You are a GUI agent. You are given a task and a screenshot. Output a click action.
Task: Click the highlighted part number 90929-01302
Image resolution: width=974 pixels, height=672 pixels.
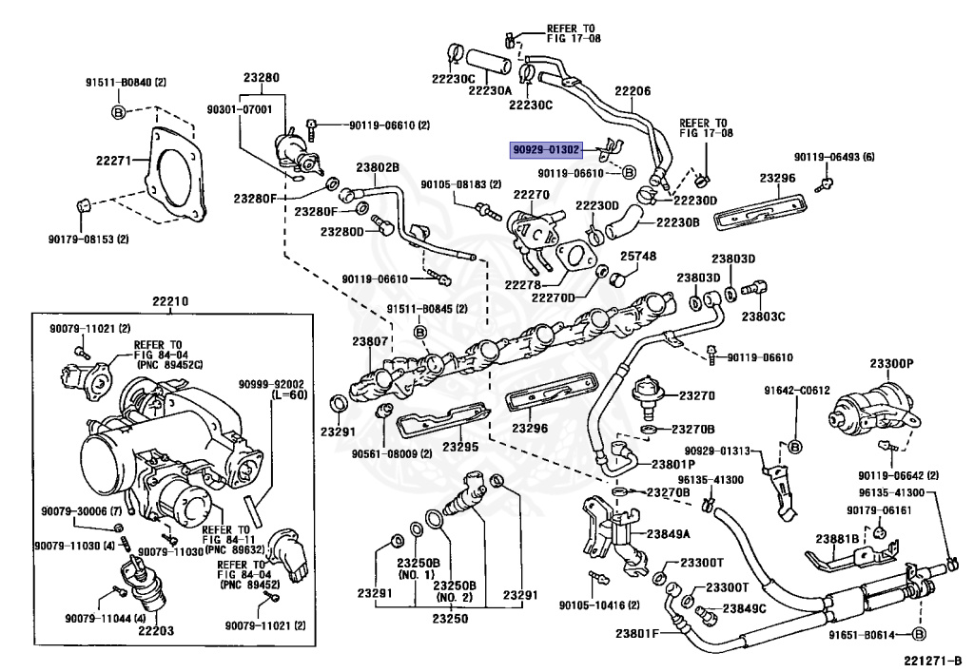click(x=547, y=149)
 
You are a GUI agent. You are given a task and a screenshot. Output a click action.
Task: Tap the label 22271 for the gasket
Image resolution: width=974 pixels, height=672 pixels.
click(x=113, y=161)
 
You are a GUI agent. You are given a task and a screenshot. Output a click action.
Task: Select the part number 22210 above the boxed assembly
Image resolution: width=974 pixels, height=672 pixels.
click(x=170, y=302)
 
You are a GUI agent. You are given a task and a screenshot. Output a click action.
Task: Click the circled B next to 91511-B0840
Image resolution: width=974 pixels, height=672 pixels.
click(x=118, y=112)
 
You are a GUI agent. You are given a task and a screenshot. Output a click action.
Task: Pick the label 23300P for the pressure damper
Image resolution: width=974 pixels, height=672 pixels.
click(x=891, y=364)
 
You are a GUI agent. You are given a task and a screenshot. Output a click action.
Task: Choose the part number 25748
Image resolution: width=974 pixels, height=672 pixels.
click(x=638, y=256)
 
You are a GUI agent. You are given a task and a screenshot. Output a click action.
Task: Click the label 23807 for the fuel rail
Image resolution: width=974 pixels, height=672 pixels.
click(x=370, y=341)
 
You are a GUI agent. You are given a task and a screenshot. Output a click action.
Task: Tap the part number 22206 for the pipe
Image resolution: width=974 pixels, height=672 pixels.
click(x=633, y=91)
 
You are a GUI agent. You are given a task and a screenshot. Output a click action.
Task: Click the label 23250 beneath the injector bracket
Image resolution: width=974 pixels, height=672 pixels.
click(x=450, y=619)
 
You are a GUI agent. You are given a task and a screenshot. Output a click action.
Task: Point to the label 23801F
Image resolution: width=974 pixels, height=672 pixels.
click(x=637, y=634)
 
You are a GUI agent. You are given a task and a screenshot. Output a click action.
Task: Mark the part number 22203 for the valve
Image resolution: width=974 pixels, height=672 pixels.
click(x=156, y=631)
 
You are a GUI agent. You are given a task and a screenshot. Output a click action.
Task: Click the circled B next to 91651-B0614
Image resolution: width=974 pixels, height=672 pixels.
click(x=920, y=634)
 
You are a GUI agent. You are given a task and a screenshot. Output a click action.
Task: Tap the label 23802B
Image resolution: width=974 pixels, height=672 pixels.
click(x=378, y=167)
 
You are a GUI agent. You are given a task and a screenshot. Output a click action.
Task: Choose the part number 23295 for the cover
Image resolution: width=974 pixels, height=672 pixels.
click(x=460, y=447)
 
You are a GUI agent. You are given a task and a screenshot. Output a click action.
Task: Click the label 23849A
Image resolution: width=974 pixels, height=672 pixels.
click(x=669, y=534)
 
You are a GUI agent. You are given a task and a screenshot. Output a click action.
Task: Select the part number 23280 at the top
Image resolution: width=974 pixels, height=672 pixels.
click(x=261, y=78)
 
